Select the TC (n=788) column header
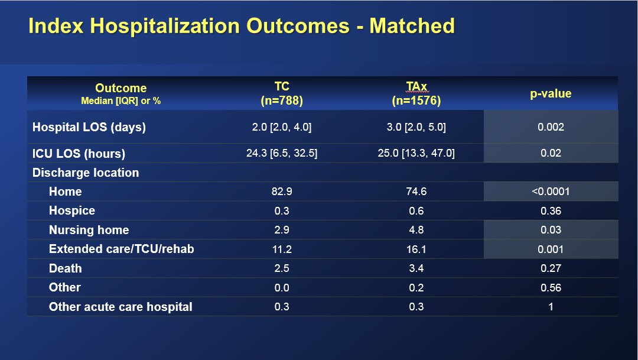coord(282,93)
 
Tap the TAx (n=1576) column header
coord(416,93)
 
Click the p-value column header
coord(551,93)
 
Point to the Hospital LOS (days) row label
coord(89,127)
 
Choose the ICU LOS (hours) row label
coord(79,154)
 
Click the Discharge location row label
coord(86,173)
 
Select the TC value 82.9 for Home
coord(282,192)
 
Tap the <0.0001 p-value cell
coord(551,192)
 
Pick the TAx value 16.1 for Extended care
coord(416,249)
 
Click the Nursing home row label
coord(89,230)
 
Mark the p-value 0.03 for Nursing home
coord(551,230)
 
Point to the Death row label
coord(66,268)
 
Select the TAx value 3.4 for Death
coord(416,268)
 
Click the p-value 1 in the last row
coord(551,307)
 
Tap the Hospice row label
coord(72,210)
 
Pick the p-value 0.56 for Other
coord(551,288)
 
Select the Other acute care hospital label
coord(121,307)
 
